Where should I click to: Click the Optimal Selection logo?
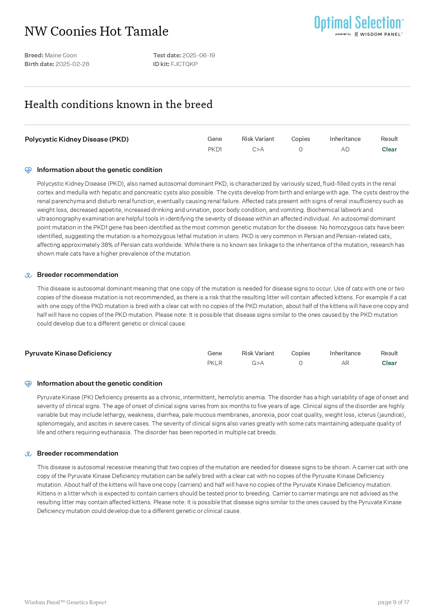[359, 25]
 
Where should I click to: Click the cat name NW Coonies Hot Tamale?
[96, 31]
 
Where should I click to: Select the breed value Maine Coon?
[60, 55]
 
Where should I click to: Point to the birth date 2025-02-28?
[72, 64]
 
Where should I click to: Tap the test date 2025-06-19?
[198, 55]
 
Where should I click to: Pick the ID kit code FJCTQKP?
[184, 64]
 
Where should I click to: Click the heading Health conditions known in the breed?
[118, 104]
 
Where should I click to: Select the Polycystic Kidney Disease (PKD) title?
[77, 139]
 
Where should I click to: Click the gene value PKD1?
[215, 149]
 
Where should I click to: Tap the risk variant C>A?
[258, 149]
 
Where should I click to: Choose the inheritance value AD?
[345, 149]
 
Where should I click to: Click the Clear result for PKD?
[389, 149]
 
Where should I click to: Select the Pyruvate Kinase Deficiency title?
[68, 353]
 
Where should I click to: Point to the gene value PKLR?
[215, 363]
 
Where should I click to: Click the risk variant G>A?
[258, 363]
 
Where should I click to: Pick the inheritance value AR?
[345, 363]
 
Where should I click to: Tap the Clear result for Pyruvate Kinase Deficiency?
[389, 363]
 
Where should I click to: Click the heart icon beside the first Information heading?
[28, 170]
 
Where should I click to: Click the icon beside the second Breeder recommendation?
[28, 454]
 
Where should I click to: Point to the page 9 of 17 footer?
[393, 602]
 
